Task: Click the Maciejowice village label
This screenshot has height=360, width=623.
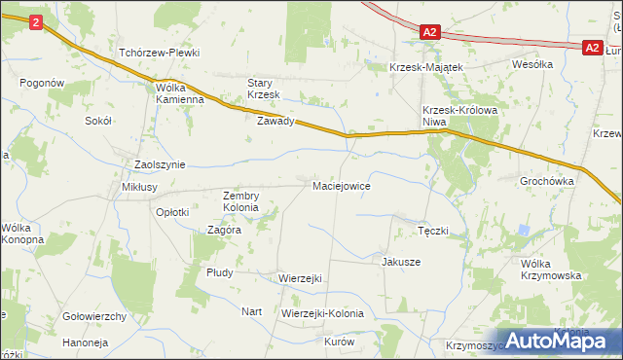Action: click(x=340, y=185)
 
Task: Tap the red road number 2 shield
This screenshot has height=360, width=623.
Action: click(x=36, y=21)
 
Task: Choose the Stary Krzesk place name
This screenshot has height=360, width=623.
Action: click(x=263, y=89)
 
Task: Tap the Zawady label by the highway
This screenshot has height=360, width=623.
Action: click(x=275, y=123)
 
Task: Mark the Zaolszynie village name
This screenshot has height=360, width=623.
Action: click(x=160, y=164)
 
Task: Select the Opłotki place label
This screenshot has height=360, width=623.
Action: click(x=173, y=211)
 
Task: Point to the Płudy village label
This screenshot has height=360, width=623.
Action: click(x=219, y=272)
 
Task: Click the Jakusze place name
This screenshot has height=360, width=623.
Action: click(x=401, y=262)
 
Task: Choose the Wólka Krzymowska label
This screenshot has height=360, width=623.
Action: click(x=551, y=270)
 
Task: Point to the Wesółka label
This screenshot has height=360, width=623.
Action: click(x=533, y=64)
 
